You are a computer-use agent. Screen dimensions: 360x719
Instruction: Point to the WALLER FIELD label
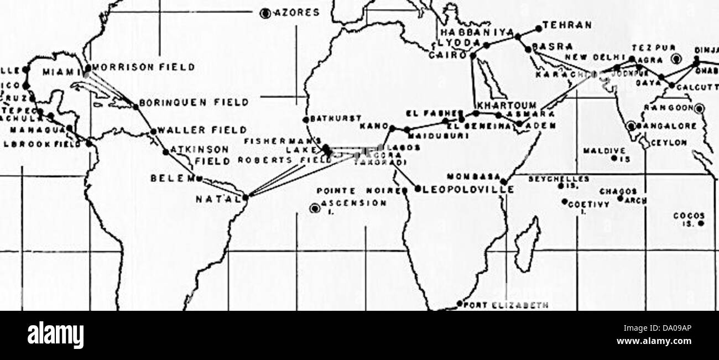202,130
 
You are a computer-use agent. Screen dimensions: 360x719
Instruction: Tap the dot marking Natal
246,196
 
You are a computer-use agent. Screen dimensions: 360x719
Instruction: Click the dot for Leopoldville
418,188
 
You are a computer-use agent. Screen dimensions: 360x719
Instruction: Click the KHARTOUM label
506,105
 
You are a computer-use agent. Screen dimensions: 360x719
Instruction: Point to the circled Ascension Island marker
315,208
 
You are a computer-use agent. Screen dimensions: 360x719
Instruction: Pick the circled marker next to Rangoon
700,108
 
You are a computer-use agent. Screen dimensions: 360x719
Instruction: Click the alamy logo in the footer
55,336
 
